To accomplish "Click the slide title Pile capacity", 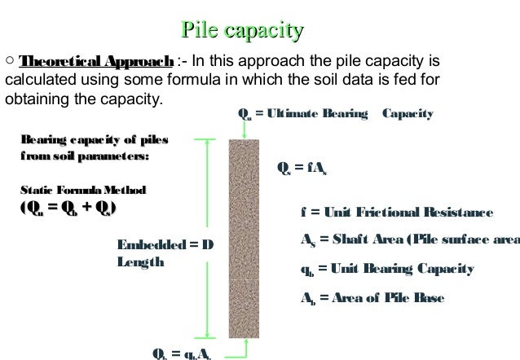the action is [x=243, y=32].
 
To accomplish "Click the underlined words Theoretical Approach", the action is [x=96, y=62].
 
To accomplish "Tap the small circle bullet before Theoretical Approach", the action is [x=9, y=61].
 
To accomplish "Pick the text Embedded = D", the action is [x=165, y=244].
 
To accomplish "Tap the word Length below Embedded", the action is [x=140, y=261].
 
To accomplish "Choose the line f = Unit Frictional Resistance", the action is [x=396, y=213].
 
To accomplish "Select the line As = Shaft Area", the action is [x=408, y=240].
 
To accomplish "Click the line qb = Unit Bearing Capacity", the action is [x=387, y=269].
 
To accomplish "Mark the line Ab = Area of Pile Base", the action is [x=372, y=298].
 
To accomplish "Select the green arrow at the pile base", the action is [x=235, y=352].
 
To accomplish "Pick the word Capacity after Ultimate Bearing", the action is [x=408, y=115].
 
